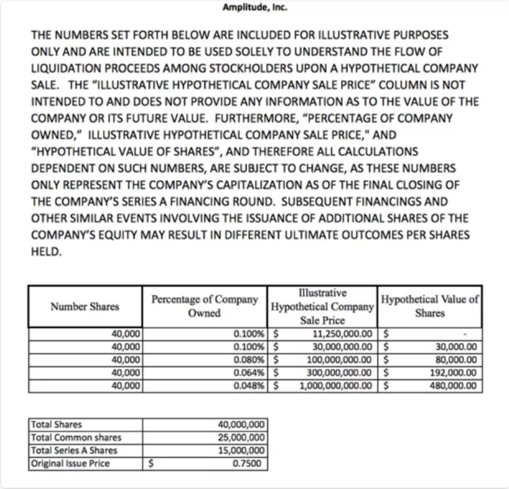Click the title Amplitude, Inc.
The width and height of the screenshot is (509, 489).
[255, 8]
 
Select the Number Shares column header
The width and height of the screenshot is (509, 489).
[85, 307]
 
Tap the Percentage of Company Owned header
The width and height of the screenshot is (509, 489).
[204, 306]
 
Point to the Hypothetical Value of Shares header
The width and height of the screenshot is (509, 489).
[430, 306]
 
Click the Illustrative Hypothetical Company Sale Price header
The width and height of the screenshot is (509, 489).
[322, 307]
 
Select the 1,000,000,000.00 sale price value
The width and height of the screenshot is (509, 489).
[336, 386]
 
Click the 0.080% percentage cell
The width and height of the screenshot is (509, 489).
[249, 360]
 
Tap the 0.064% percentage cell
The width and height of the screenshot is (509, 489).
[249, 373]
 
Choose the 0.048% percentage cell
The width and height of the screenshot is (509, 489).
[249, 386]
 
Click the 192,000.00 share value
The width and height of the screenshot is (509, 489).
[453, 373]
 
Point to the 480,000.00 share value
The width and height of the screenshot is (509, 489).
[453, 386]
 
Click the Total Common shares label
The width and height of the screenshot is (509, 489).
[76, 438]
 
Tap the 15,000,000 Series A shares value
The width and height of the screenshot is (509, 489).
[241, 450]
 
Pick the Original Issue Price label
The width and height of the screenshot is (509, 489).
[70, 463]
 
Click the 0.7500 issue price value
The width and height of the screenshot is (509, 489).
[247, 463]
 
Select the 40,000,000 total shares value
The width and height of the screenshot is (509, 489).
[241, 425]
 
